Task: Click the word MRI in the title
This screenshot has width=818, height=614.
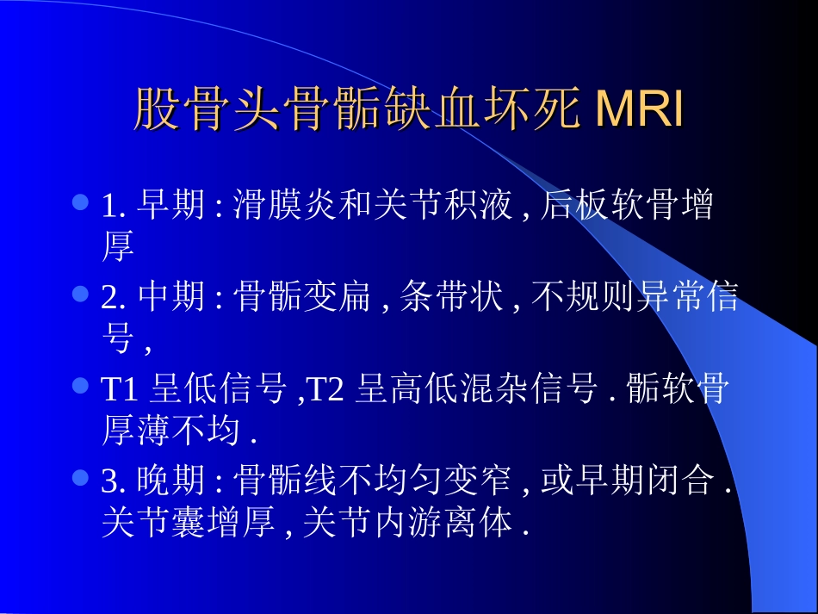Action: click(639, 109)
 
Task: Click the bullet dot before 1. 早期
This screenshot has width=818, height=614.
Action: click(81, 203)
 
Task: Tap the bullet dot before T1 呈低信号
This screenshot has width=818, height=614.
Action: click(81, 385)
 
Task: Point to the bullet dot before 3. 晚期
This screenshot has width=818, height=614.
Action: click(81, 476)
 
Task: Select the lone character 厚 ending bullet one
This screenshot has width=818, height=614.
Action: click(118, 249)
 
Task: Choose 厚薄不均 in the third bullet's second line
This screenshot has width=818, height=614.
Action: click(170, 431)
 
